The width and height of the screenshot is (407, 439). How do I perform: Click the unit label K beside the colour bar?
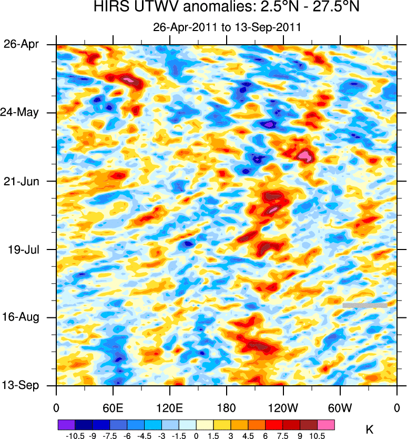369,431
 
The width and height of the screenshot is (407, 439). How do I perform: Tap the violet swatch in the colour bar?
66,424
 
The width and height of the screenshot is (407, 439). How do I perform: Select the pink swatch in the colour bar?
326,424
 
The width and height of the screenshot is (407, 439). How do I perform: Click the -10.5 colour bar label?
75,436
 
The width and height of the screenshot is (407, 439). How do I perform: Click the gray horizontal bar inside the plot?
365,305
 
